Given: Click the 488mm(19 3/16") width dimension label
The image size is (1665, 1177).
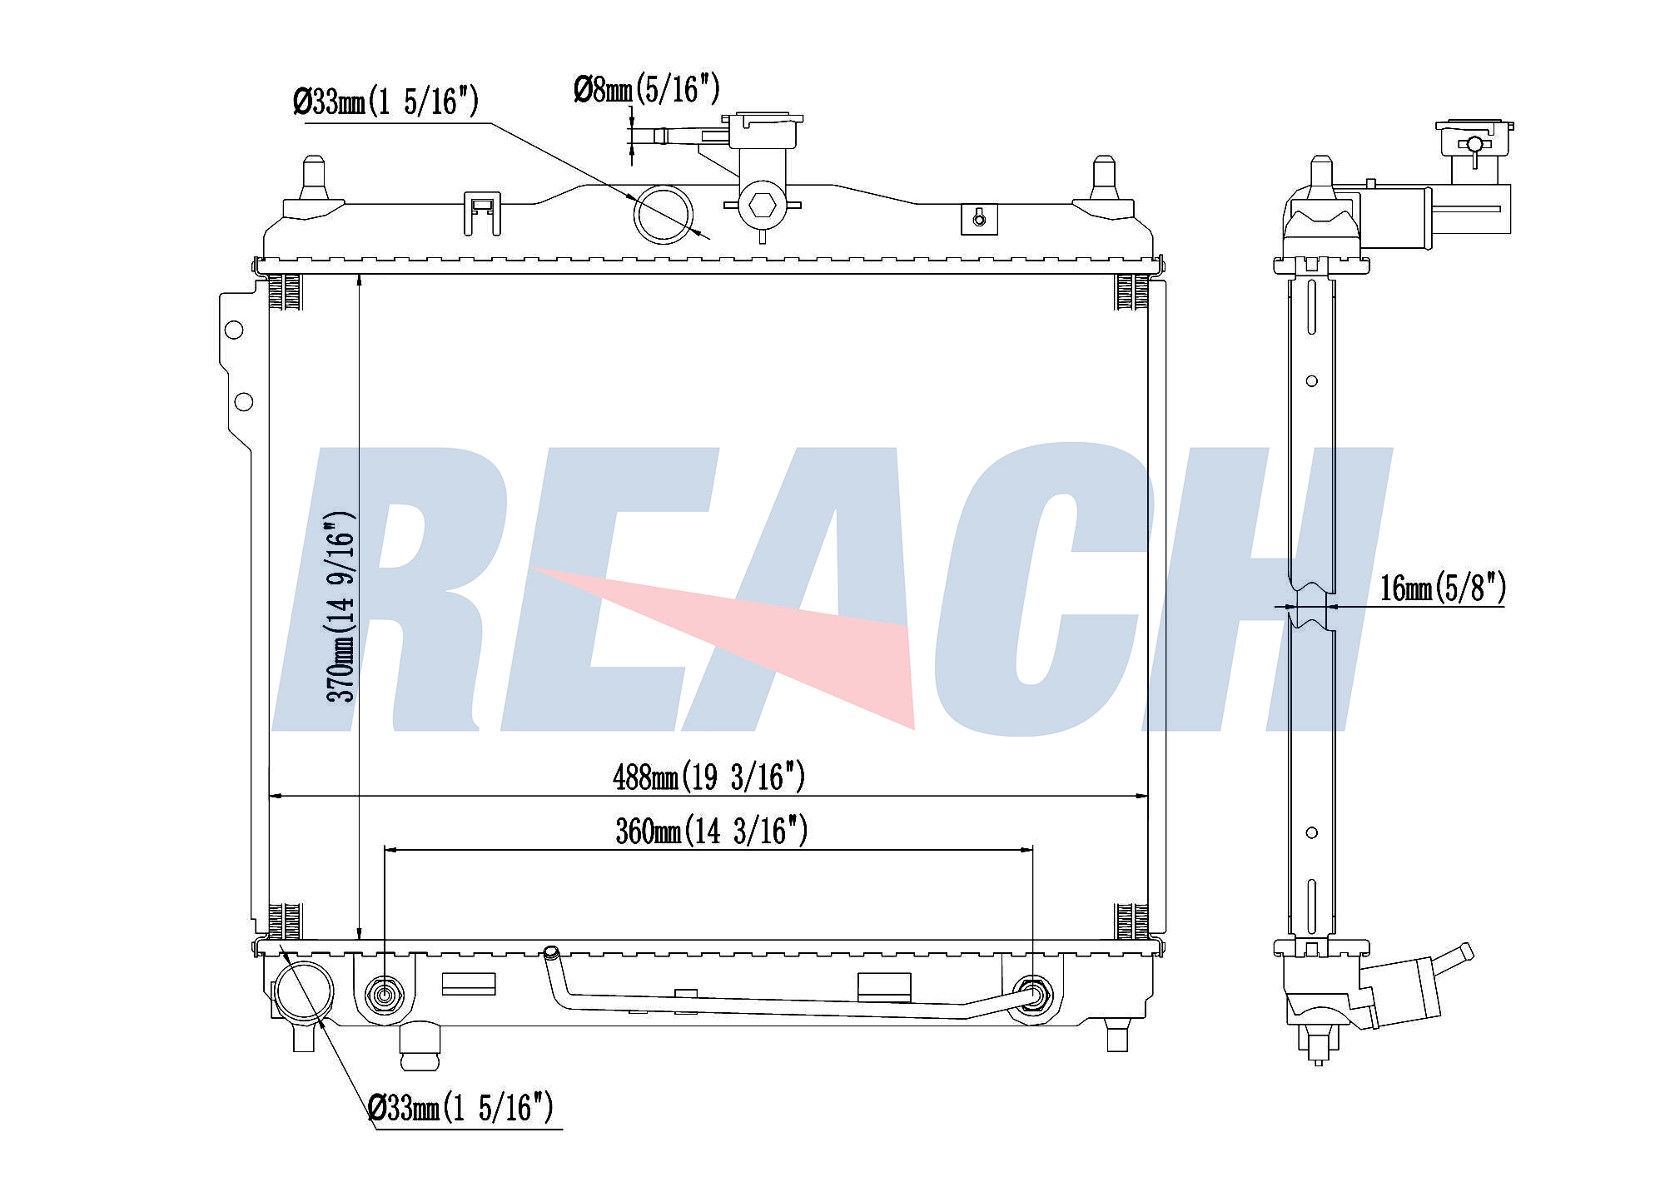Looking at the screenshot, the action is [709, 777].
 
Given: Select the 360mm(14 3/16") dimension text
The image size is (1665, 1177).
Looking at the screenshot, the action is [712, 831].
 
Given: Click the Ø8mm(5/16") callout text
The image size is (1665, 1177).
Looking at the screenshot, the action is [647, 89].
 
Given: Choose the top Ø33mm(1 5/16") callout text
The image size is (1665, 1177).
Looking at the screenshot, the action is [386, 102].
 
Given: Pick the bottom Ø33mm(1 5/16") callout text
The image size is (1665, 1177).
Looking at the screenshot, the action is [461, 1108].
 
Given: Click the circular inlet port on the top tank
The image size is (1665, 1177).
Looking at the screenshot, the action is [664, 214].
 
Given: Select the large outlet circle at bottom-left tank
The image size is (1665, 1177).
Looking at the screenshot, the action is [305, 993].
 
